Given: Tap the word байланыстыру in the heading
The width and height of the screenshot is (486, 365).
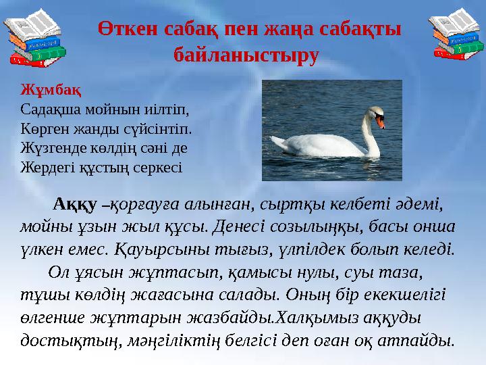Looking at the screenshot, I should [x=245, y=54].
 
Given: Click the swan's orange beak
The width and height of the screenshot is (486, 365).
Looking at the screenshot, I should [x=381, y=122].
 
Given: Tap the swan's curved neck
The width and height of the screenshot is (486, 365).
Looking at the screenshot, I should [x=369, y=135].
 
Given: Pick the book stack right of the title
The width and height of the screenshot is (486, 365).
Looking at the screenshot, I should [x=454, y=37].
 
